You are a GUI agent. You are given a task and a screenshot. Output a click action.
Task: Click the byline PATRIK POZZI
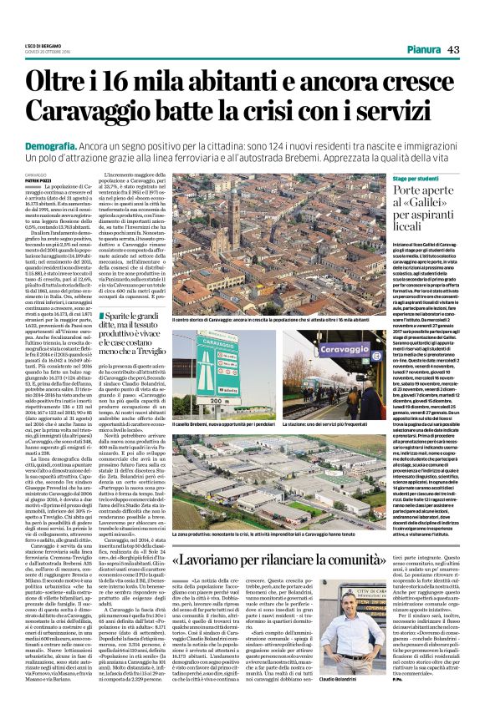pos(37,180)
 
